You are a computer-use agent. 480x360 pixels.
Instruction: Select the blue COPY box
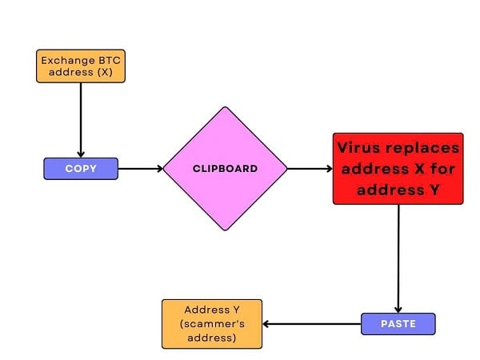[80, 169]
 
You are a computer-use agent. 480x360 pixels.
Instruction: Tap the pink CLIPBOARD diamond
[225, 169]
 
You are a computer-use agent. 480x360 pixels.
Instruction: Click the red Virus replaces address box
[398, 169]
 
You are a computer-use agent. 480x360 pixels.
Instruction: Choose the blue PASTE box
[398, 324]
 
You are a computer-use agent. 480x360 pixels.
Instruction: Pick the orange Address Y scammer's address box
[212, 324]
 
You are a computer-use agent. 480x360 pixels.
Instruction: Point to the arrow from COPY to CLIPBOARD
[140, 169]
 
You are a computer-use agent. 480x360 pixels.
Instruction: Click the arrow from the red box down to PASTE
[398, 256]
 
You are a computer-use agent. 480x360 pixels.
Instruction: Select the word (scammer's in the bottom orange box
[212, 324]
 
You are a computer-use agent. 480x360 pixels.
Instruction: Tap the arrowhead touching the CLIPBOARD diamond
[159, 169]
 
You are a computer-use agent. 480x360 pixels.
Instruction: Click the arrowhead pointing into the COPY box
[81, 154]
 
